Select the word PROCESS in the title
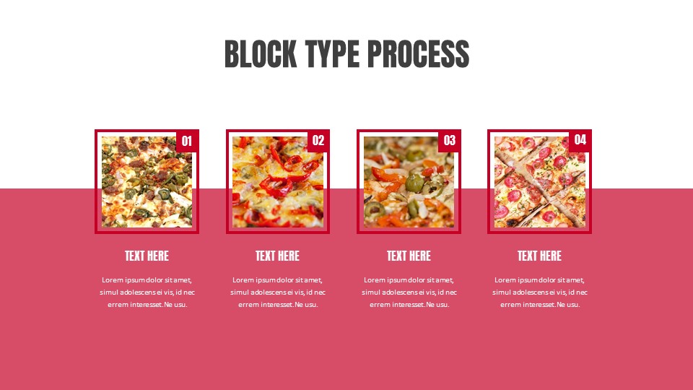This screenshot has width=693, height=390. pos(418,54)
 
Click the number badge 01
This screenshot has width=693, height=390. pos(187,141)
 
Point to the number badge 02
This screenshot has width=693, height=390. pos(318,141)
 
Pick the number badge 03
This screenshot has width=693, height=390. pos(449,141)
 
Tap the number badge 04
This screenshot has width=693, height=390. pos(580,140)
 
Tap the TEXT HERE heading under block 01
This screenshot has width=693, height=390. pos(147,256)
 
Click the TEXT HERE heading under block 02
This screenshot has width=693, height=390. pos(277,256)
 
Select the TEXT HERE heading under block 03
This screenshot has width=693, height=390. pos(409,256)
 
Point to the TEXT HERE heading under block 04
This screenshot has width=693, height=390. pos(539,256)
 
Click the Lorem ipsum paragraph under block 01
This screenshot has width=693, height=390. pos(147,292)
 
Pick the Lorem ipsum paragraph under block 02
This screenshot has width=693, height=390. pos(277,292)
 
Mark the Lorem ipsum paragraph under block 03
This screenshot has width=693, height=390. pos(409,292)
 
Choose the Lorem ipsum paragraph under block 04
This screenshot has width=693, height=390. pos(539,292)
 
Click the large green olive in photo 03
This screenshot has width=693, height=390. pos(414,183)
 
